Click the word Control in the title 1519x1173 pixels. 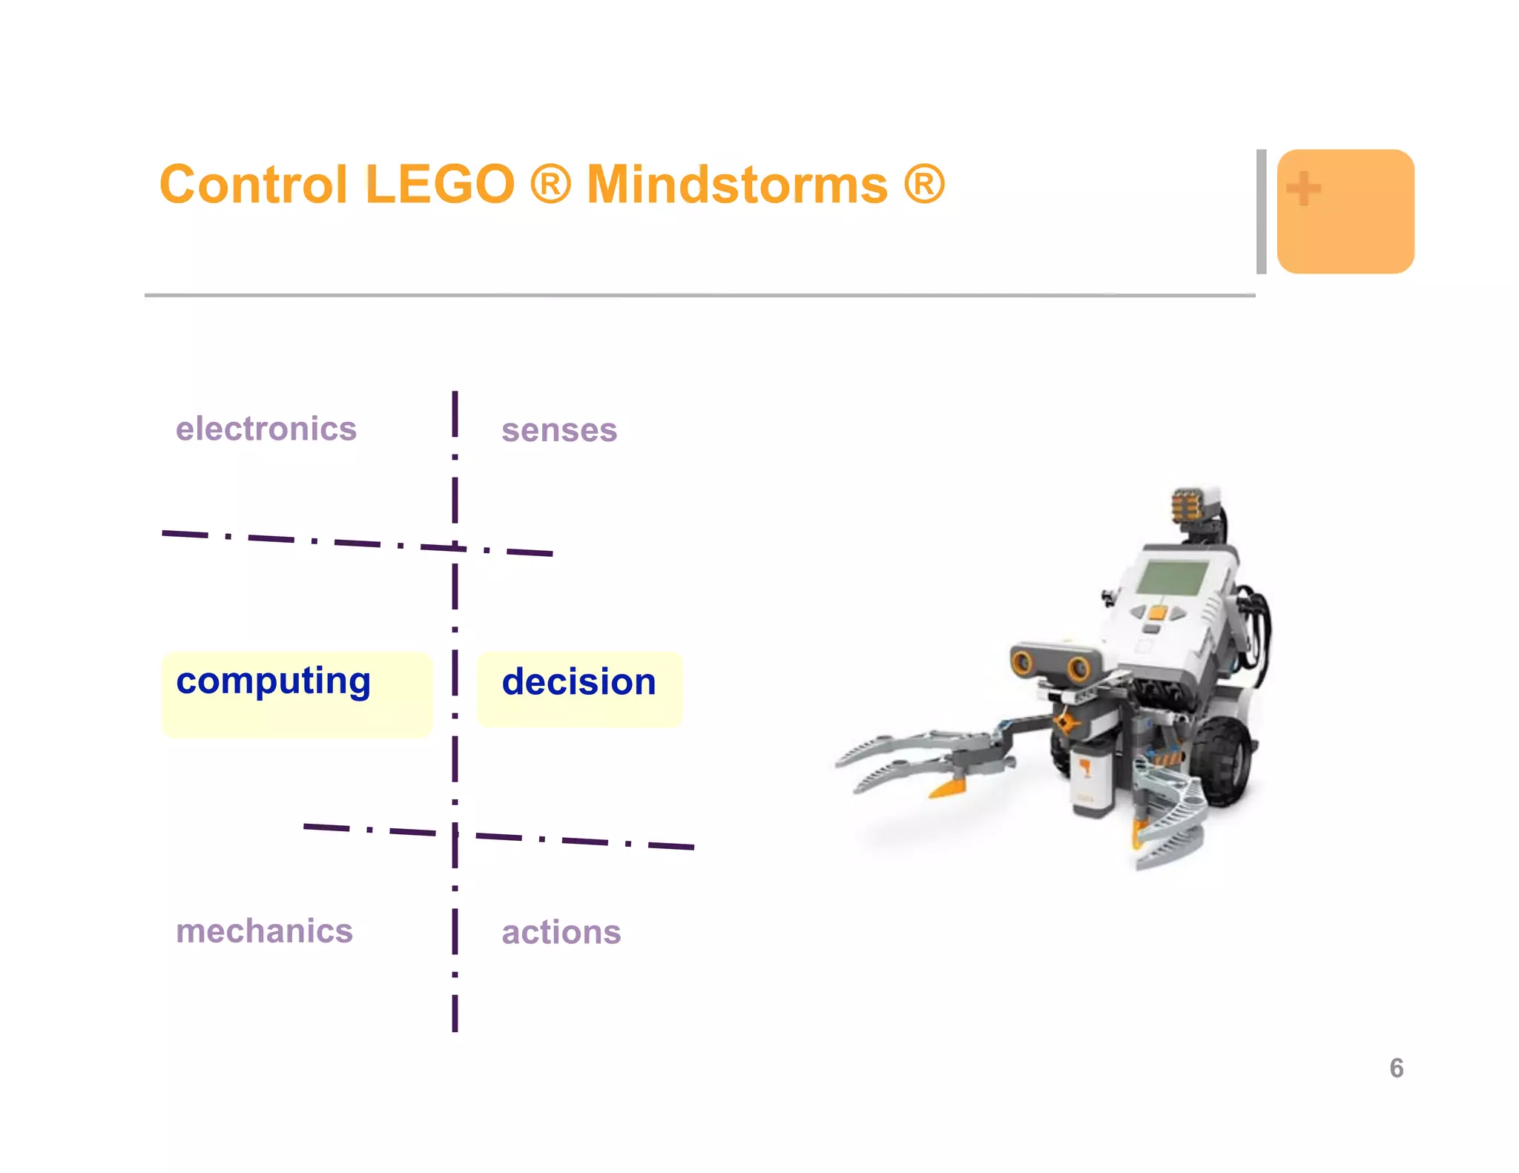(x=253, y=185)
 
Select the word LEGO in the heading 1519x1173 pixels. (x=440, y=185)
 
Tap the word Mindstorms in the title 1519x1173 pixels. (x=737, y=185)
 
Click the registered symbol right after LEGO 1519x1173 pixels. (x=550, y=185)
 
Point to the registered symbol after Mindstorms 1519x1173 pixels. (x=924, y=185)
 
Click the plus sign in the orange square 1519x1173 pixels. (x=1303, y=188)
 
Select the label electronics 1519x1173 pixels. (x=266, y=429)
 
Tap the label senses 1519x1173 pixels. (x=559, y=430)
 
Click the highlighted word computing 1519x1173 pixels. (x=273, y=681)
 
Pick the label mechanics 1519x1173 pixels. (x=264, y=931)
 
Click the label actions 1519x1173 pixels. (x=561, y=933)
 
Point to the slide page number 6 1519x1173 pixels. (x=1396, y=1068)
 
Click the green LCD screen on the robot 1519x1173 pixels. (x=1173, y=578)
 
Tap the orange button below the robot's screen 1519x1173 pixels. (x=1157, y=613)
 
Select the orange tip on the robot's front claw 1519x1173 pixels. (x=949, y=787)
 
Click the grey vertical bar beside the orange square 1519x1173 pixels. (x=1261, y=211)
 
